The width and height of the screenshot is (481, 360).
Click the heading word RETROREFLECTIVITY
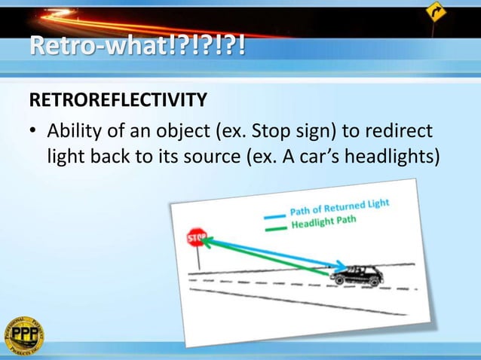[x=118, y=99]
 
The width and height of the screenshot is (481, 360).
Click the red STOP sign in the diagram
[x=196, y=238]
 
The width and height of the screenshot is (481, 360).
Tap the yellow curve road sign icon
[x=435, y=12]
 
